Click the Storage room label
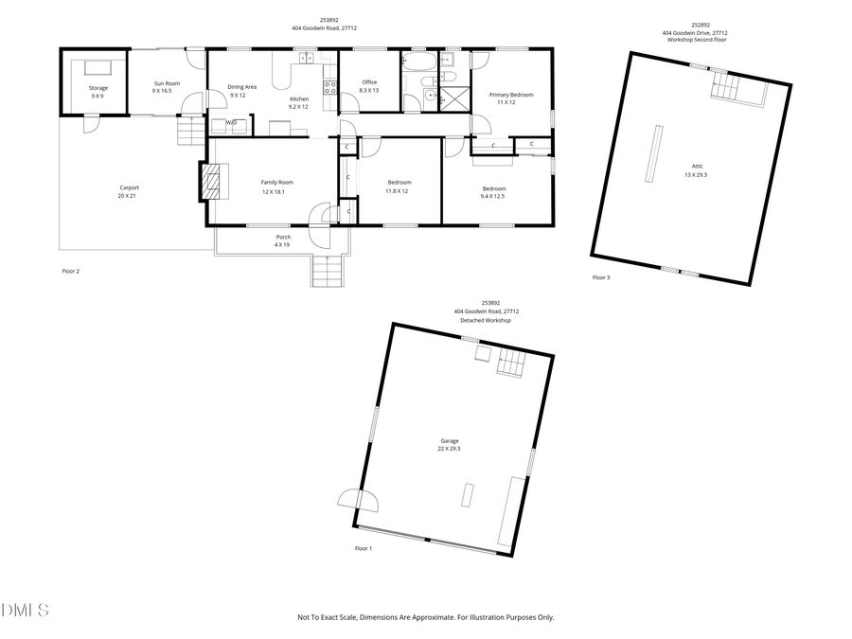coord(98,88)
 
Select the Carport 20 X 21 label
coord(129,187)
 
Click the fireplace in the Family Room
coord(212,182)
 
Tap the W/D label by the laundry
coord(231,122)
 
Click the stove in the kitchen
coord(329,87)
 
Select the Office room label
coord(369,82)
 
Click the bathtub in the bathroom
coord(417,63)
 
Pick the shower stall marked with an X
coord(456,97)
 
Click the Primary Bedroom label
coord(510,95)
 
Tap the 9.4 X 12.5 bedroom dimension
coord(493,196)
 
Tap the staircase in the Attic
coord(727,89)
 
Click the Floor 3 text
coord(601,277)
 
